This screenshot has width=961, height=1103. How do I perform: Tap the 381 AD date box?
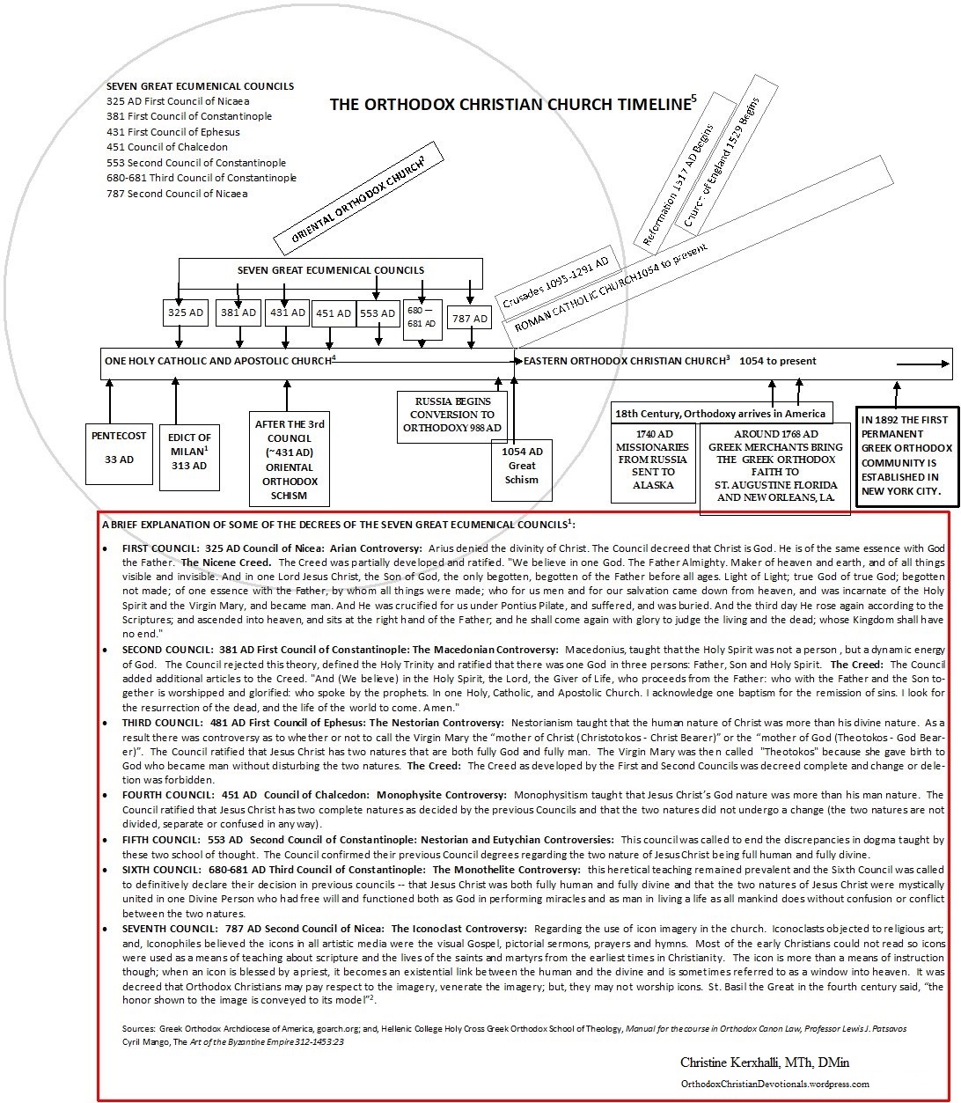tap(238, 313)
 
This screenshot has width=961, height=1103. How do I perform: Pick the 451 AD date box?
tap(333, 313)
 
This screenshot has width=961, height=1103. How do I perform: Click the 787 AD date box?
tap(469, 318)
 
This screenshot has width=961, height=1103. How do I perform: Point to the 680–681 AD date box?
tap(423, 318)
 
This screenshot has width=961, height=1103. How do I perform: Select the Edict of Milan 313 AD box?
tap(189, 451)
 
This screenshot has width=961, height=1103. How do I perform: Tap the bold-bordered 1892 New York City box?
tap(906, 457)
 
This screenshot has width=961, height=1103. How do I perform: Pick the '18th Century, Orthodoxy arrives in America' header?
tap(721, 413)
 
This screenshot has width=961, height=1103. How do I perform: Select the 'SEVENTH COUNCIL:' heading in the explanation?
tap(168, 929)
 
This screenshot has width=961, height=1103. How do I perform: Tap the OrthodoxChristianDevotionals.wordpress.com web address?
tap(774, 1085)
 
